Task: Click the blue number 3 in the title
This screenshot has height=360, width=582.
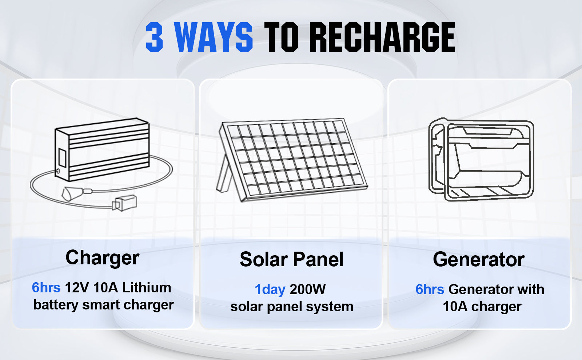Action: coord(154,37)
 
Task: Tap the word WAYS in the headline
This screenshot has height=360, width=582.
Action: coord(213,37)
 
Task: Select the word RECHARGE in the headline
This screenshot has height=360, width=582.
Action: coord(382,37)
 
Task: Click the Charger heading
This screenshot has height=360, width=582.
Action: coord(102,258)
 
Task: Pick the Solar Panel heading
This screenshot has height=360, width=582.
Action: coord(291,259)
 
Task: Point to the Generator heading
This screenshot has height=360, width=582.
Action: coord(479,260)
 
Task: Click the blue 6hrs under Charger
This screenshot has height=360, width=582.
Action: coord(46,288)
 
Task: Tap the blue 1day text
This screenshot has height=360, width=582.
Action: coord(270,289)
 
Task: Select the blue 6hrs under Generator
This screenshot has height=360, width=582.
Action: coord(430,289)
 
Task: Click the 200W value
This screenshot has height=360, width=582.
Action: coord(308,289)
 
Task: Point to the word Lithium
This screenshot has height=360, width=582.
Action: coord(147,288)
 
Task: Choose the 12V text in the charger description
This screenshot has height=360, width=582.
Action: coord(77,288)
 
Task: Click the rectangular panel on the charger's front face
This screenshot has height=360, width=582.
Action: coord(62,158)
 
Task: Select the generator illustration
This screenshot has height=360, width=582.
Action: coord(481,160)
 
